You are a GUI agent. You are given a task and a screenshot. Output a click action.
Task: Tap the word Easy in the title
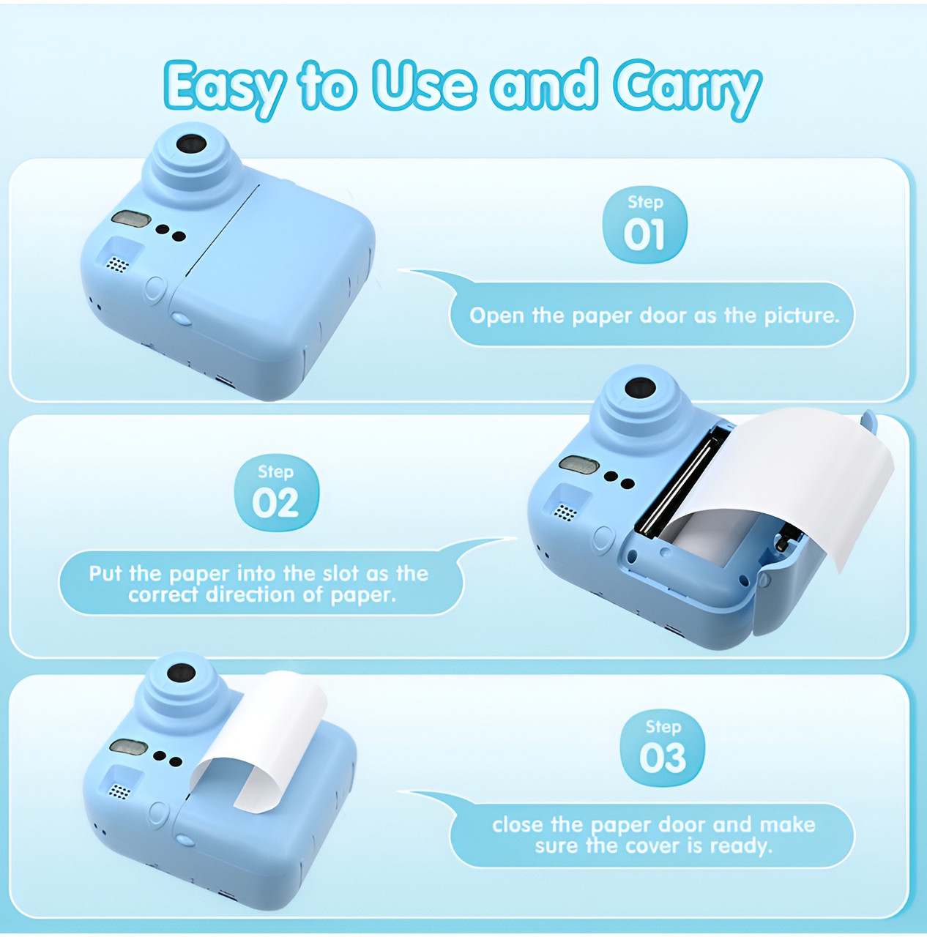(223, 87)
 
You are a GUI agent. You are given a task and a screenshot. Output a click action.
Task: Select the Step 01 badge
(644, 225)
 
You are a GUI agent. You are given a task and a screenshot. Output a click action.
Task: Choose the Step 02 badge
(276, 493)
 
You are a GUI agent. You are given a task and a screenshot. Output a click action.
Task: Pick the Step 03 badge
(663, 748)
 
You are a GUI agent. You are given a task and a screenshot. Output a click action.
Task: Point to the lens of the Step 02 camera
(640, 389)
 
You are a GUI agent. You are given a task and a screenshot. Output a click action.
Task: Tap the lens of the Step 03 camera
(180, 673)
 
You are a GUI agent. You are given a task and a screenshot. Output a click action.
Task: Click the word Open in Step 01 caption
(497, 316)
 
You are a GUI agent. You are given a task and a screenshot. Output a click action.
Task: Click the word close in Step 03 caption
(518, 825)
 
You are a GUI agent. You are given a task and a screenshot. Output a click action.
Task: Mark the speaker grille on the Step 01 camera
(117, 264)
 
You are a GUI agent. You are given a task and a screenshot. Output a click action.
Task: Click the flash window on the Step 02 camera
(578, 464)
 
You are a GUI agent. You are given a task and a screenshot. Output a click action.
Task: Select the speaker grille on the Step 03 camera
(119, 791)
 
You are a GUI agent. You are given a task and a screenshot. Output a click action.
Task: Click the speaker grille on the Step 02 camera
(564, 512)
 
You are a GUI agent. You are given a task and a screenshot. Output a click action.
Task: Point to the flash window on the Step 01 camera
(131, 218)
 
